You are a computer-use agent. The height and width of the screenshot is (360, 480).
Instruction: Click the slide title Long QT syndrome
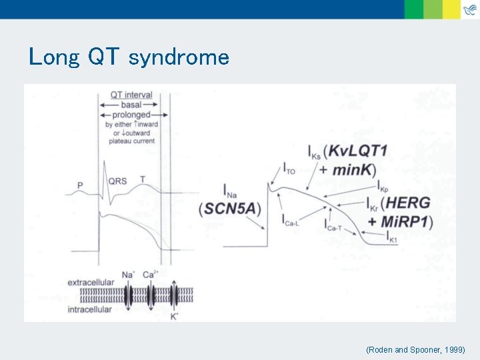[129, 57]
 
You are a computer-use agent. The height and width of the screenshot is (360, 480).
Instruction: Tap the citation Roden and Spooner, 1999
[420, 349]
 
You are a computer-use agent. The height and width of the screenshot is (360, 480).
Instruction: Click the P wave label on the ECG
[80, 185]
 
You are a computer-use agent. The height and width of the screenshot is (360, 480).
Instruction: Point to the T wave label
[142, 179]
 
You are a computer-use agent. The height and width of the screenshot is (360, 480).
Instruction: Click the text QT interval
[131, 95]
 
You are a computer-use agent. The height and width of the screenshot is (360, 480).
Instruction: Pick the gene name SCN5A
[230, 209]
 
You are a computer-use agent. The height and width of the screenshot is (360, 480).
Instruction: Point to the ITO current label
[289, 168]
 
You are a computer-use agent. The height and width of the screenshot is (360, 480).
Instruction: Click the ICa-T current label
[334, 227]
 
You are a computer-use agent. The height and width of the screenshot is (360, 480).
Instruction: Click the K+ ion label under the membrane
[174, 316]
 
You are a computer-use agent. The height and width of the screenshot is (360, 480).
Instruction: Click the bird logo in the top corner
[470, 9]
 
